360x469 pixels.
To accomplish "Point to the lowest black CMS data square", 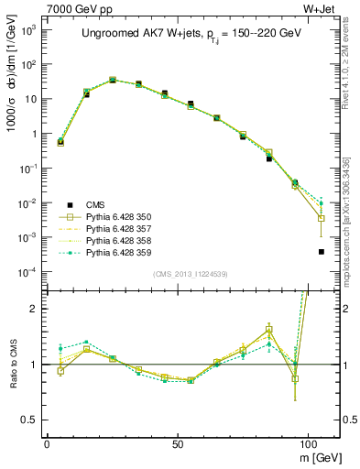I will tap(321, 252).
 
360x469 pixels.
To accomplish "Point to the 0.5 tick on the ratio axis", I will tap(30, 420).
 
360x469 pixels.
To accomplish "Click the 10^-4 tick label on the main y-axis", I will tap(28, 272).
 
